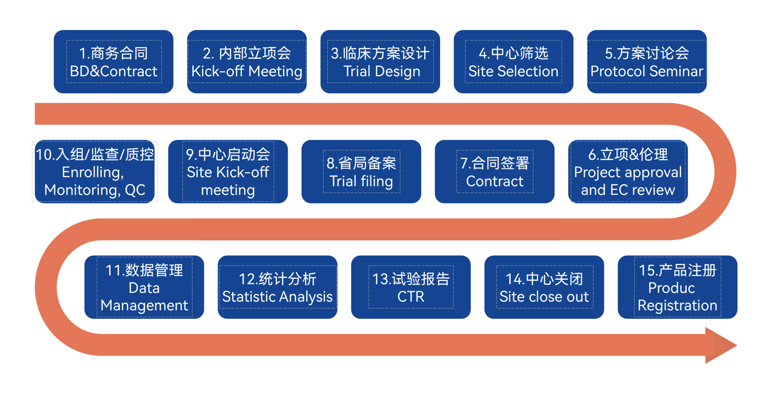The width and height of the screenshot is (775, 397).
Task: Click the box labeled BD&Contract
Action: pos(114,61)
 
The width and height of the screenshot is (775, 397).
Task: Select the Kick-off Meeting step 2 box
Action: pos(247,61)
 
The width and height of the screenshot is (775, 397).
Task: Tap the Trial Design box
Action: pos(380,61)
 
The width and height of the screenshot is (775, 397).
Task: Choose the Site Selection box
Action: pos(514,61)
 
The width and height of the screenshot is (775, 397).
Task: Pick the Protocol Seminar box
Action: pos(647,61)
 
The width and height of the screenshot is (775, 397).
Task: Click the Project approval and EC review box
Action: pos(628,172)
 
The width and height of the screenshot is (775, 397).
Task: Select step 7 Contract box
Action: pos(495,172)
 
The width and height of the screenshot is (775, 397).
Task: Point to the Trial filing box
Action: pos(361,172)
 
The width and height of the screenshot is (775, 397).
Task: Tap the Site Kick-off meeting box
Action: pos(228,172)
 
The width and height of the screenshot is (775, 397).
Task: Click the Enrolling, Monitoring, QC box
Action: pos(94,172)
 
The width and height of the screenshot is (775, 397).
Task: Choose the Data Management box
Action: pos(144,287)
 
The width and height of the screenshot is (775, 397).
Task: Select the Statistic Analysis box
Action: pos(278,287)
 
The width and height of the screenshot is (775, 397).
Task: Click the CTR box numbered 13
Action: pos(411,287)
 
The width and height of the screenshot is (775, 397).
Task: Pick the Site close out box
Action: pos(544,287)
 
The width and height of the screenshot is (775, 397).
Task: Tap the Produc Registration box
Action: pos(678,287)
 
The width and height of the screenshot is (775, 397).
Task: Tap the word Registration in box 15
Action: pos(678,305)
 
